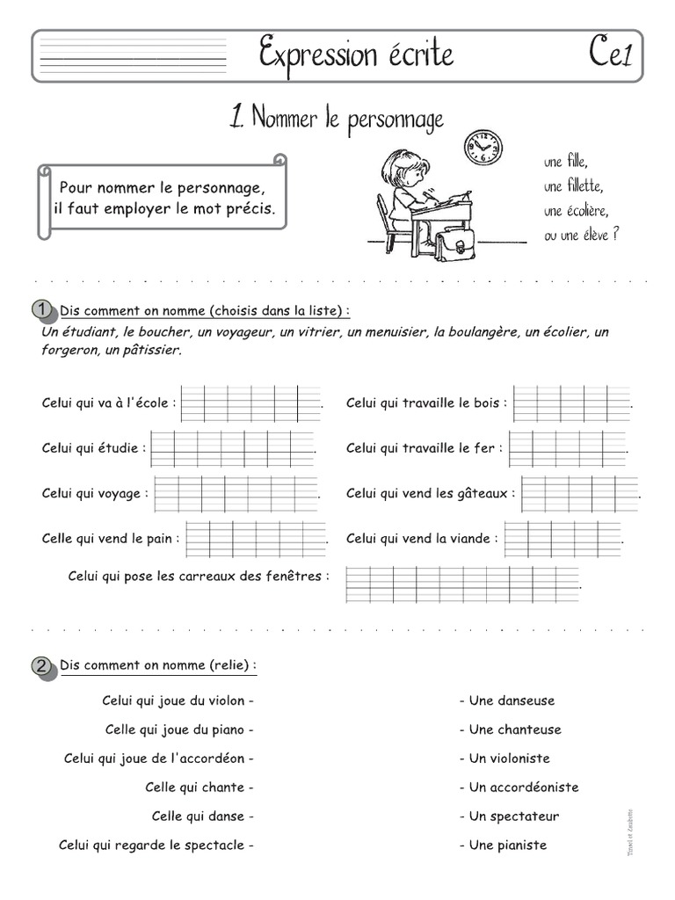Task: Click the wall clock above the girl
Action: point(483,148)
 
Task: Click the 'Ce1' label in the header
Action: point(611,55)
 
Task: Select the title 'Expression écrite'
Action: point(356,55)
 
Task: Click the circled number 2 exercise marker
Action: point(41,664)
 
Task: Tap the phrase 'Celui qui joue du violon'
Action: point(178,700)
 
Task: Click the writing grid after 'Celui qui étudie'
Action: point(232,448)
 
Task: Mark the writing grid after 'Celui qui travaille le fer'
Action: point(568,448)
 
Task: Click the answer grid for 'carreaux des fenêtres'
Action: point(462,584)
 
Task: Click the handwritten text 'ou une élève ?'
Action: point(581,234)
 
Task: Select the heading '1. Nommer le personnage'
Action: point(337,118)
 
